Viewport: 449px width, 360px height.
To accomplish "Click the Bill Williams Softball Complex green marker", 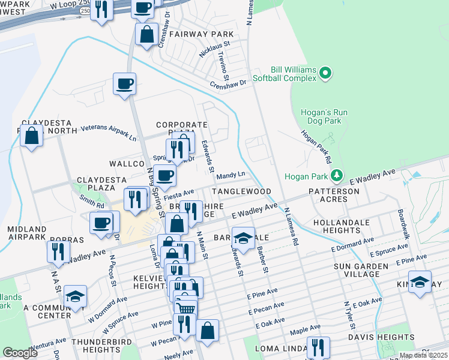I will [x=325, y=73].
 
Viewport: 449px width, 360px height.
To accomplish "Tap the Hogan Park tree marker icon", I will [x=337, y=175].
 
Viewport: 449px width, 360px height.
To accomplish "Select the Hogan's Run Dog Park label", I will [x=324, y=117].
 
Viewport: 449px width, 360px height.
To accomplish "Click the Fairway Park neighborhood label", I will [x=200, y=34].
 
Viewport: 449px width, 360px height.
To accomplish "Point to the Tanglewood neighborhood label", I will [x=241, y=191].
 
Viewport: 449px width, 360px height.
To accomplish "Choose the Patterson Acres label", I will [x=334, y=196].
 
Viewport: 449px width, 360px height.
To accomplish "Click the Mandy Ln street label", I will [x=231, y=175].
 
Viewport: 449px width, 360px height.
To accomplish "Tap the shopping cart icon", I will [x=185, y=308].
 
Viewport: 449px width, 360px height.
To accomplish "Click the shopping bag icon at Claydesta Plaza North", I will [x=32, y=135].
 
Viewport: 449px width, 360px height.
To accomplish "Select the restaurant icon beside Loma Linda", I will [x=318, y=347].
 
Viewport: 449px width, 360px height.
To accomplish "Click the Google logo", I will [x=20, y=353].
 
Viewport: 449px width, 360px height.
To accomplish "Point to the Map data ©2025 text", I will [x=423, y=355].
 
